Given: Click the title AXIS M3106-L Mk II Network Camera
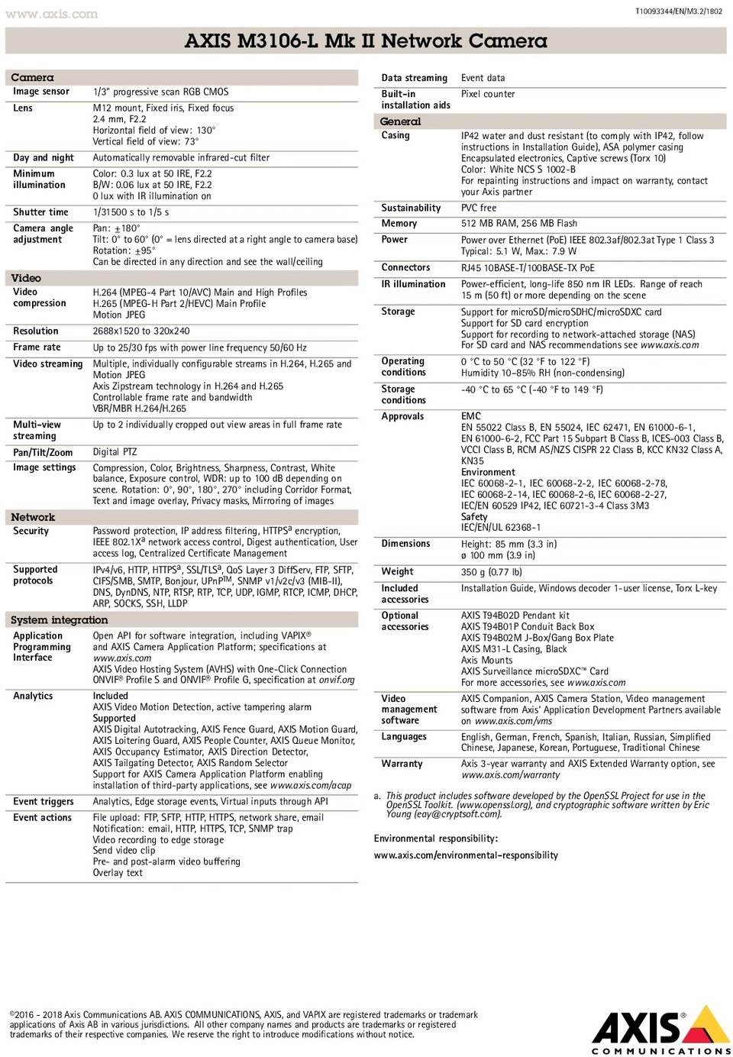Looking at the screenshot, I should click(366, 40).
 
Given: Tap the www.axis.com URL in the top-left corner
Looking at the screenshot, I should click(52, 14).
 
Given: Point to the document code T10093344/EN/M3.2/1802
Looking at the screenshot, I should click(678, 11).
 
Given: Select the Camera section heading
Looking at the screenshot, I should click(32, 77).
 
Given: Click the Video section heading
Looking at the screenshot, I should click(26, 278).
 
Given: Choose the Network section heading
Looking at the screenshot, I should click(33, 517).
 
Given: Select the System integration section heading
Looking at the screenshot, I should click(59, 620).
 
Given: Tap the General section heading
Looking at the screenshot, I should click(400, 121).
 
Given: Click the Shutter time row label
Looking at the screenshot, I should click(40, 212).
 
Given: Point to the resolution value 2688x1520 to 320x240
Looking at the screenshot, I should click(141, 331).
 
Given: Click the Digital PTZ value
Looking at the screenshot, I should click(115, 452).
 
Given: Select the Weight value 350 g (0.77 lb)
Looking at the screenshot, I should click(491, 572).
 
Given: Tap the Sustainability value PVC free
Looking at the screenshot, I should click(478, 208).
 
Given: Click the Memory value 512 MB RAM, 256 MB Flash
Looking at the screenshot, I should click(518, 224).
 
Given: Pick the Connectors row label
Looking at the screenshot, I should click(405, 268).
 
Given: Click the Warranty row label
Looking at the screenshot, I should click(402, 764).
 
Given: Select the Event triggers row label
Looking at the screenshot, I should click(44, 802).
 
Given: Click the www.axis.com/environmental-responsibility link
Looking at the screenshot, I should click(466, 855).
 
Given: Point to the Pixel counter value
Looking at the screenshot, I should click(488, 94).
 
